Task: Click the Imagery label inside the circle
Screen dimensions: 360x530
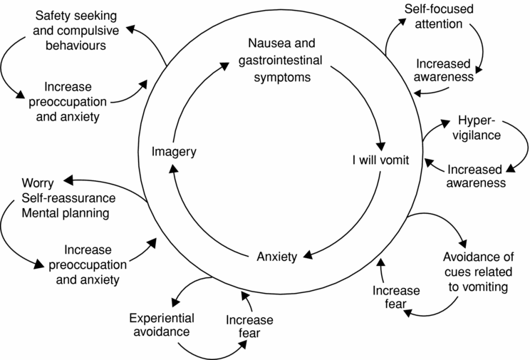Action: point(174,151)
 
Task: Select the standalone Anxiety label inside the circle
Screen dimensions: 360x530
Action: point(276,257)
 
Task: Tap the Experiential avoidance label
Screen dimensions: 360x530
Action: point(162,324)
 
